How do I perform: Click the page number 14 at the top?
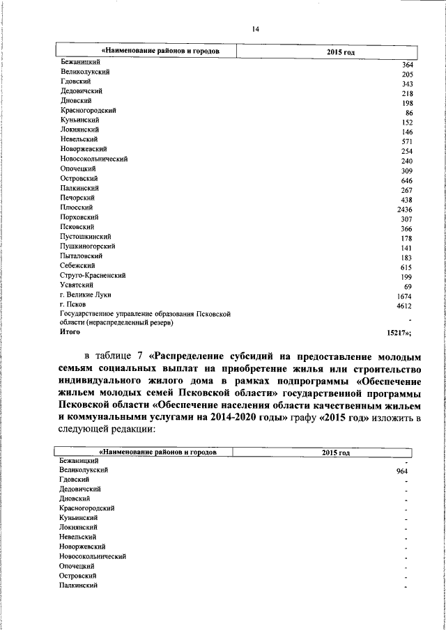click(255, 29)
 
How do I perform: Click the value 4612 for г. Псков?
click(405, 306)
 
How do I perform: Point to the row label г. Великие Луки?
click(85, 294)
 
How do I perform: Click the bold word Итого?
click(70, 333)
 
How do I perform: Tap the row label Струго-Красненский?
click(93, 276)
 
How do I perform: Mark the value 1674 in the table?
click(405, 297)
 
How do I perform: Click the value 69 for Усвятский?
click(408, 287)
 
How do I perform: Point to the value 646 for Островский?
click(407, 180)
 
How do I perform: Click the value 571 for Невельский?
click(407, 141)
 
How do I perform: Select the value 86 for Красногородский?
click(409, 113)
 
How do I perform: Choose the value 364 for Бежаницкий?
click(408, 65)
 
